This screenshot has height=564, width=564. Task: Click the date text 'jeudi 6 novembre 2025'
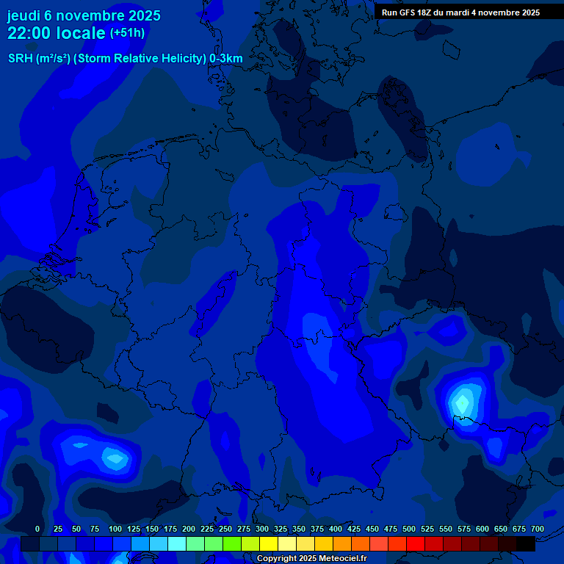(84, 15)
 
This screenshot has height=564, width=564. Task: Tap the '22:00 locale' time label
(56, 33)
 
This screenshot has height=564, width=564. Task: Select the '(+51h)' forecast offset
(127, 33)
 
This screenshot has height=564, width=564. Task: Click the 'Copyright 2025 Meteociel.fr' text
(311, 558)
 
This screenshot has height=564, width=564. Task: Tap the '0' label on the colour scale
(37, 529)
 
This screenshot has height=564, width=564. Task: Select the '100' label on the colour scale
(115, 529)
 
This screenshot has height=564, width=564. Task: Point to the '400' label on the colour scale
(336, 529)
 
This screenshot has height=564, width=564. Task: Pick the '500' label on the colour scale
(409, 529)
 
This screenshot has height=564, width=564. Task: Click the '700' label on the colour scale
(537, 529)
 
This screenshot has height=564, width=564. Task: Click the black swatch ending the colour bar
(526, 544)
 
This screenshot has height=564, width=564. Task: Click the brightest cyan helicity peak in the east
(462, 402)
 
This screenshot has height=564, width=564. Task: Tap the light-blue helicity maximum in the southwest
(115, 459)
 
